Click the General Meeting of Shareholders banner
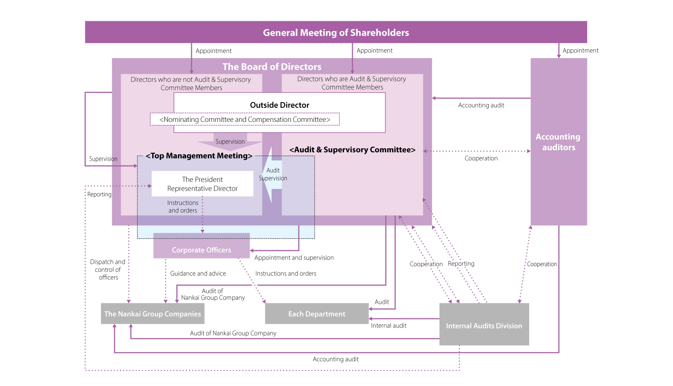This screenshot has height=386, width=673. pyautogui.click(x=336, y=32)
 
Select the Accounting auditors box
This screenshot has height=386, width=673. pyautogui.click(x=558, y=142)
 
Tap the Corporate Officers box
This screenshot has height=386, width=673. pyautogui.click(x=201, y=250)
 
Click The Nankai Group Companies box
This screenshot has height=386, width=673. pyautogui.click(x=153, y=314)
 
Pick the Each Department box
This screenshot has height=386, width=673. pyautogui.click(x=316, y=314)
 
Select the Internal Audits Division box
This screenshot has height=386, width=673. pyautogui.click(x=484, y=325)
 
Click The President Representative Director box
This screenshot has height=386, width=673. pyautogui.click(x=202, y=184)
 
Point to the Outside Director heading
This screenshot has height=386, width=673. pyautogui.click(x=280, y=105)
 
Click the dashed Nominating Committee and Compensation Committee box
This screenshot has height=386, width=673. pyautogui.click(x=245, y=119)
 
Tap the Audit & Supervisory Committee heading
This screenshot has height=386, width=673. pyautogui.click(x=353, y=150)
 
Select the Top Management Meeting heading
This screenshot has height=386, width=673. pyautogui.click(x=199, y=156)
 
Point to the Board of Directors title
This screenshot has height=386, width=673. pyautogui.click(x=272, y=67)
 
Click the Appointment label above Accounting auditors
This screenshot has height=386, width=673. pyautogui.click(x=580, y=51)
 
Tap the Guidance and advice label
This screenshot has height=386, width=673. pyautogui.click(x=198, y=273)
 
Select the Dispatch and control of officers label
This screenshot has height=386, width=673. pyautogui.click(x=108, y=269)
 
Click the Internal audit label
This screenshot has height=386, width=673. pyautogui.click(x=389, y=325)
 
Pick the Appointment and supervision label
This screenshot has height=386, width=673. pyautogui.click(x=294, y=258)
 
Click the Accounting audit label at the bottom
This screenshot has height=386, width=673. pyautogui.click(x=336, y=359)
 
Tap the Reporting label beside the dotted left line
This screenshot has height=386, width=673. pyautogui.click(x=99, y=194)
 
